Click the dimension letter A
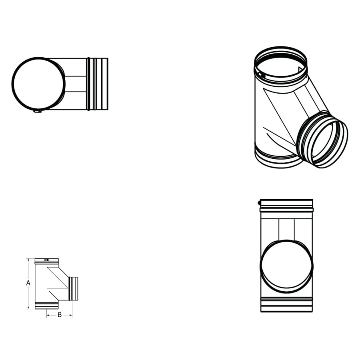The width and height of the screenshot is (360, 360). click(28, 283)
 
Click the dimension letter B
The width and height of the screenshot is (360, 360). click(60, 315)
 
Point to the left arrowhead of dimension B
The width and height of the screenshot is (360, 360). click(48, 315)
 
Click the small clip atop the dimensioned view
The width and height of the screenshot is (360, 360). click(47, 260)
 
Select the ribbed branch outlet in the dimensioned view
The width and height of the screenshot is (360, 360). click(73, 288)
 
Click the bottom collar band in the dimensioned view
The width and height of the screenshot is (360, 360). click(47, 306)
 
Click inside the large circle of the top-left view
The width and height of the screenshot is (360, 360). click(38, 84)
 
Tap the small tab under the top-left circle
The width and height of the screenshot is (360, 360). click(37, 112)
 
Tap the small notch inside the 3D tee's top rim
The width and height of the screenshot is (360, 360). click(260, 74)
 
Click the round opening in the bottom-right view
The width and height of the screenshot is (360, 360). click(286, 266)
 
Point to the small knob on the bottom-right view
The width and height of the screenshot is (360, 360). click(260, 203)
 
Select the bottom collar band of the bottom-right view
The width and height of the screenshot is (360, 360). click(286, 304)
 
